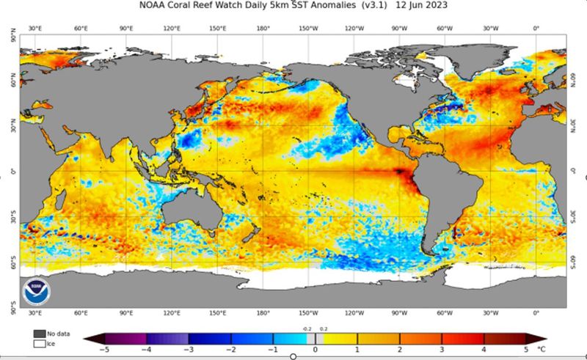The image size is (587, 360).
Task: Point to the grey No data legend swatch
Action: [38, 333]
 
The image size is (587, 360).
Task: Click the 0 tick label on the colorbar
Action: [316, 351]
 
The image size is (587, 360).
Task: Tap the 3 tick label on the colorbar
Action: [442, 351]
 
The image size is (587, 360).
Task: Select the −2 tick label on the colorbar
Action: [231, 351]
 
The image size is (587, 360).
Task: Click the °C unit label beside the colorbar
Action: [542, 351]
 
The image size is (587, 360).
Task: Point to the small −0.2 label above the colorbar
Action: [307, 329]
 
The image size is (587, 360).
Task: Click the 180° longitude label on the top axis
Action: [263, 29]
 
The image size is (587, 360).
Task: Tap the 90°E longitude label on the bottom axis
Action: [125, 312]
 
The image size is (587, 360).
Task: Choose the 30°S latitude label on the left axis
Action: [11, 214]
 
